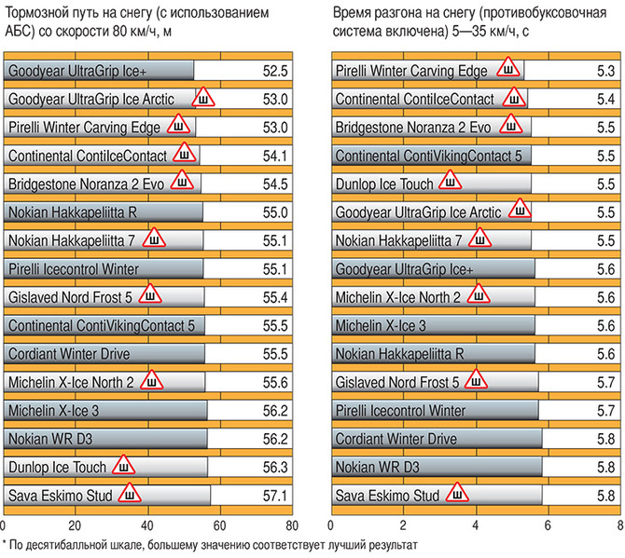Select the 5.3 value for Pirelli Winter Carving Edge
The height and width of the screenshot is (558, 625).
click(x=604, y=71)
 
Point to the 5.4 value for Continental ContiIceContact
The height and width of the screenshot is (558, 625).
click(x=604, y=99)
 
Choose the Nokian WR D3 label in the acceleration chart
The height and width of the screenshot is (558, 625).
click(x=379, y=467)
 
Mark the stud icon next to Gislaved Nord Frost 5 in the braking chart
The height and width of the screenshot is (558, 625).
click(x=149, y=295)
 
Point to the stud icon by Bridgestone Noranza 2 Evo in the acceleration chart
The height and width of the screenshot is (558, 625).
click(x=510, y=126)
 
